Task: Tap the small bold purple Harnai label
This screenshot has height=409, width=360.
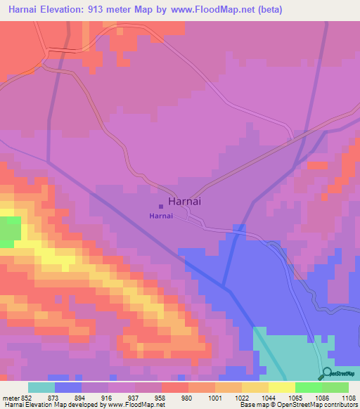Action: pos(160,216)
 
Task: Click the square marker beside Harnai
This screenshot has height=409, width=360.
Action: pos(161,207)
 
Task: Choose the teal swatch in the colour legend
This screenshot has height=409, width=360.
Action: pos(41,387)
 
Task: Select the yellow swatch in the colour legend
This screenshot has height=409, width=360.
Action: pos(281,387)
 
